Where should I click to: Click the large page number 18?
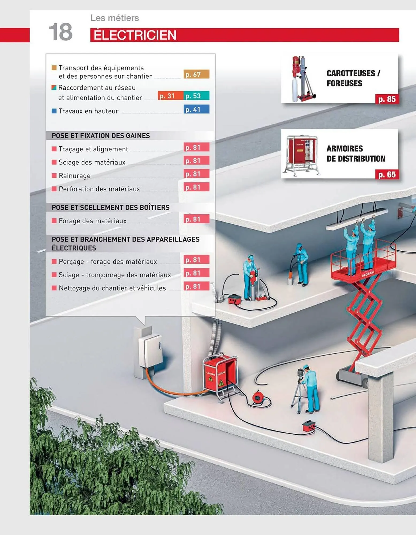tap(61, 32)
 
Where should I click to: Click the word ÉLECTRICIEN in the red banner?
tap(135, 35)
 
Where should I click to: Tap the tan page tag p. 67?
tap(196, 74)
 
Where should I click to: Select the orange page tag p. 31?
tap(170, 95)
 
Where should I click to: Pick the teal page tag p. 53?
tap(196, 95)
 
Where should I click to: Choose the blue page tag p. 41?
tap(196, 109)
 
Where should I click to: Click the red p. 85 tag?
tap(387, 99)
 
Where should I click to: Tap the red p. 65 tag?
tap(387, 174)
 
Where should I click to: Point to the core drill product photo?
tap(303, 79)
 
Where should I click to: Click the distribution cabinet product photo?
tap(303, 155)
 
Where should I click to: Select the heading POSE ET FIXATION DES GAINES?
tap(101, 136)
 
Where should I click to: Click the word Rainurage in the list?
tap(75, 176)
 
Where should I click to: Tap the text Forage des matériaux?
tap(93, 221)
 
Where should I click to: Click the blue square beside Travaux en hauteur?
tap(54, 111)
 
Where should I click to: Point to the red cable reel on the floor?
tap(258, 397)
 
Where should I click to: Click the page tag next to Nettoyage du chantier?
tap(196, 286)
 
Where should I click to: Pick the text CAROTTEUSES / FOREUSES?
tap(353, 78)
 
